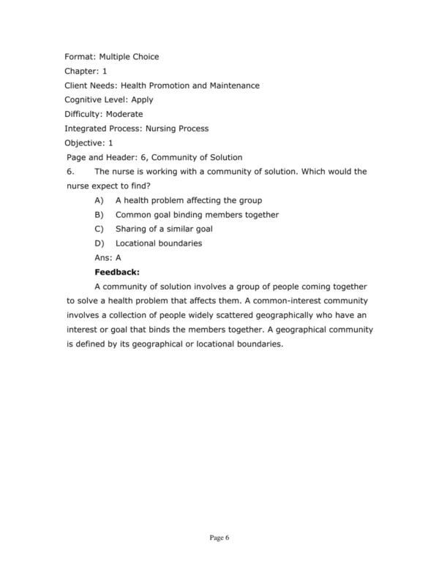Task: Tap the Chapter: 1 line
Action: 86,71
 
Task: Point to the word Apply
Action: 142,99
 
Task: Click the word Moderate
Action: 124,114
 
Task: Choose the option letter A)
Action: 100,200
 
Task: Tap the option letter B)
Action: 100,215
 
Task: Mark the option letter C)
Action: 100,229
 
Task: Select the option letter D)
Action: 100,243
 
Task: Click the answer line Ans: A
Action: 108,258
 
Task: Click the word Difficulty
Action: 83,114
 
